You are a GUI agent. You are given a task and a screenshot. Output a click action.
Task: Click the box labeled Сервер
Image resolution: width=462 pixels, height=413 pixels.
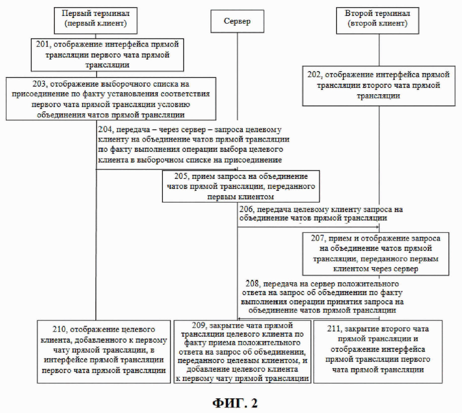pos(237,21)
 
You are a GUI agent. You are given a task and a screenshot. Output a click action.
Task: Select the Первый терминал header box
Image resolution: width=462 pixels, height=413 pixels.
pos(96,21)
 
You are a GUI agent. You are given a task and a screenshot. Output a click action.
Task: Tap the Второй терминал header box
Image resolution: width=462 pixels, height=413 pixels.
pos(377,21)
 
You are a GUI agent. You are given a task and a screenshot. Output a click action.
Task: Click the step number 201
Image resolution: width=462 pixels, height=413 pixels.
pos(42,44)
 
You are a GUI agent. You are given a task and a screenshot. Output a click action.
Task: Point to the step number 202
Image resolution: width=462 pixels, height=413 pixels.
pos(314,75)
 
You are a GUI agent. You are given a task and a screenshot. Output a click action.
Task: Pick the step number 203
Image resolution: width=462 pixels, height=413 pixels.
pos(39,84)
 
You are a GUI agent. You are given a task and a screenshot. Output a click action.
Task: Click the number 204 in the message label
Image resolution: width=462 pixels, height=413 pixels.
pos(105,129)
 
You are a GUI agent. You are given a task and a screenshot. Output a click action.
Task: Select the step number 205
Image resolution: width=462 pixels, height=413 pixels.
pos(181,177)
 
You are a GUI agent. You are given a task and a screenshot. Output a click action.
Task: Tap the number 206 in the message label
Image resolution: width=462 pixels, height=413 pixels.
pos(246,210)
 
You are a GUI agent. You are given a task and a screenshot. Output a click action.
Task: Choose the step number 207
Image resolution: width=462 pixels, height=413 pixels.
pos(317,238)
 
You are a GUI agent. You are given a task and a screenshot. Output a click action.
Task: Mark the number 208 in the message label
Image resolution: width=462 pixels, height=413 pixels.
pos(252,284)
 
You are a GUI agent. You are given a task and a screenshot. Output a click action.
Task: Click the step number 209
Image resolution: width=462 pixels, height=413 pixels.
pos(198,325)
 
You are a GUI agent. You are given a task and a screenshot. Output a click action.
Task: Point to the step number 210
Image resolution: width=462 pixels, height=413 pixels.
pos(59,329)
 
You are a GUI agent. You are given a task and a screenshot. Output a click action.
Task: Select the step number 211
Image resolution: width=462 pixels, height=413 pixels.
pos(333,329)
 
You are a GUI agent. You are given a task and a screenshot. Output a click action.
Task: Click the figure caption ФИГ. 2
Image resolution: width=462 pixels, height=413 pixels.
pos(235,403)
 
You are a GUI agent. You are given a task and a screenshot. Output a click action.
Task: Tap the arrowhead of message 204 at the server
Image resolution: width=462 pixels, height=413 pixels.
pos(236,169)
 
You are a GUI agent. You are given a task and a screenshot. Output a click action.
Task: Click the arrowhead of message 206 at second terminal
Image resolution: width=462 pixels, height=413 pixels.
pos(377,227)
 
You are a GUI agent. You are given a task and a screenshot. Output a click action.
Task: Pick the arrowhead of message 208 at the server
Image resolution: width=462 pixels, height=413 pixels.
pos(239,319)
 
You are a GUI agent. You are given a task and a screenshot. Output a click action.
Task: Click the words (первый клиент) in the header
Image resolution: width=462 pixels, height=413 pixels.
pos(96,24)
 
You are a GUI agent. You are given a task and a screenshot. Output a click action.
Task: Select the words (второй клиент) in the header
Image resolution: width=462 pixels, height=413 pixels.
pos(377,24)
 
